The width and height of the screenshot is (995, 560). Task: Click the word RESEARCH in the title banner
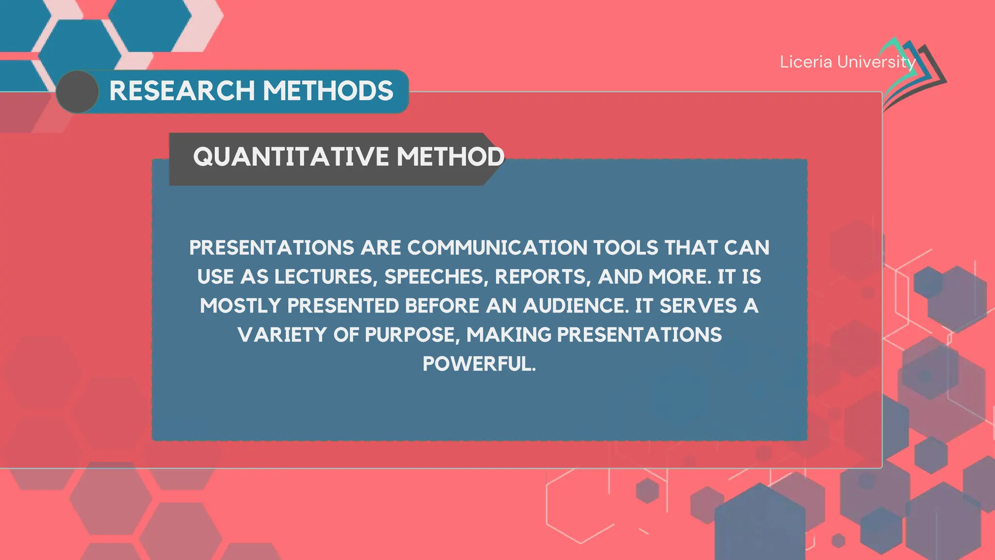tap(182, 91)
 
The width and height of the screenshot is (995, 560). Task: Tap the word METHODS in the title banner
tap(328, 91)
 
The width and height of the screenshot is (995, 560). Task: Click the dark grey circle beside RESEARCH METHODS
tap(78, 92)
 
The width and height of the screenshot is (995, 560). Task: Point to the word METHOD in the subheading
tap(450, 157)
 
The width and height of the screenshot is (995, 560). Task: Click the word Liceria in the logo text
tap(806, 62)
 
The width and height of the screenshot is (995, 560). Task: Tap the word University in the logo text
tap(876, 62)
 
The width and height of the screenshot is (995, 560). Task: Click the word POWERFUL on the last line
tap(479, 364)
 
